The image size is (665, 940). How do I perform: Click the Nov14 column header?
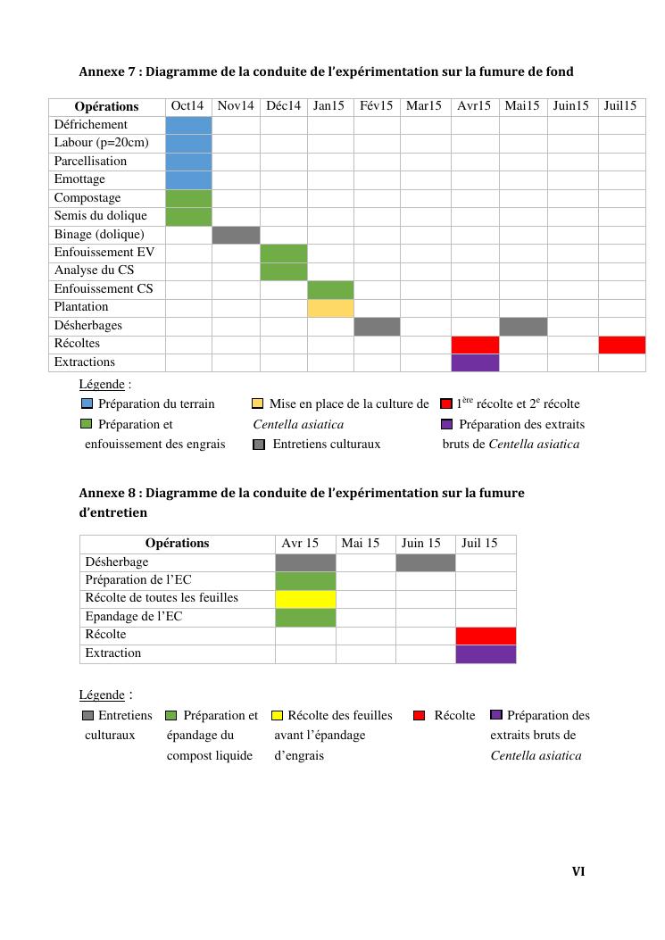(x=236, y=106)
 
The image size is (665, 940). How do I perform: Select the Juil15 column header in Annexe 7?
(x=620, y=106)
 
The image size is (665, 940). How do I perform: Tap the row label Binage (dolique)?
(x=99, y=235)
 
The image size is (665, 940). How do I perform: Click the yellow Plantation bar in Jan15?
(x=330, y=308)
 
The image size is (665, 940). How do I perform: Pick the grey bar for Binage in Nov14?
(x=237, y=235)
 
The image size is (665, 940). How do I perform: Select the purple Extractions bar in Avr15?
(x=475, y=362)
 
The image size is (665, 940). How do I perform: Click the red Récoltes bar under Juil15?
(x=622, y=345)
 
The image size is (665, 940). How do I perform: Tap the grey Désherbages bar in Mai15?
(x=523, y=327)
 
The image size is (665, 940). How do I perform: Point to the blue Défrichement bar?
(x=188, y=125)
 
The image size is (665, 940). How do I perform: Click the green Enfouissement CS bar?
(x=330, y=290)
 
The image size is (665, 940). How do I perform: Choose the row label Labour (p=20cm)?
(x=102, y=143)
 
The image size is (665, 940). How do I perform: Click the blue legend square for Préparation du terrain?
(x=87, y=404)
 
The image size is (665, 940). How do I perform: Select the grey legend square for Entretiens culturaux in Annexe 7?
(x=259, y=445)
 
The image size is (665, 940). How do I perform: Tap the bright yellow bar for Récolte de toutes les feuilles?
(x=305, y=600)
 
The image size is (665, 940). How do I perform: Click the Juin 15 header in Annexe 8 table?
(x=420, y=543)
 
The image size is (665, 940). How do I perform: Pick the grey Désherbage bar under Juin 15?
(x=425, y=563)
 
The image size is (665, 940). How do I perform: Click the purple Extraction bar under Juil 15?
(x=486, y=654)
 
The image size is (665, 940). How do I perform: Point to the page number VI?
(x=578, y=871)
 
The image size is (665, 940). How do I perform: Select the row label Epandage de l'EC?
(x=133, y=616)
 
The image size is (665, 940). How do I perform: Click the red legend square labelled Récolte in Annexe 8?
(x=420, y=715)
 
